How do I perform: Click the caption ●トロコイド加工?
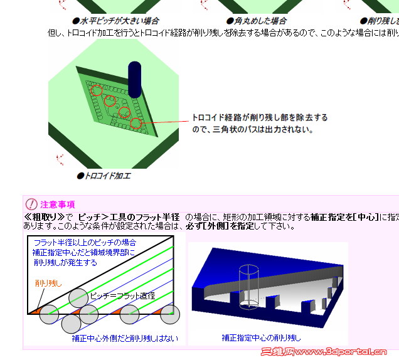[x=104, y=176]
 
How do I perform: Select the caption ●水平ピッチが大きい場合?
[x=115, y=21]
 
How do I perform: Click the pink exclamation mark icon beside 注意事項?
[x=31, y=204]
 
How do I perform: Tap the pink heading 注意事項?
[x=58, y=204]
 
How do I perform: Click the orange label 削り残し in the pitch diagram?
[x=48, y=283]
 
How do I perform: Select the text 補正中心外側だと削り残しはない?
[x=124, y=339]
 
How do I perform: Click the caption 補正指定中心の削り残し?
[x=261, y=337]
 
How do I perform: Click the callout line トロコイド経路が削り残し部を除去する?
[x=259, y=118]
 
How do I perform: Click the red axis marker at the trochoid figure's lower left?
[x=61, y=159]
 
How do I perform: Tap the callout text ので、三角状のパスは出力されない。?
[x=252, y=130]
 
